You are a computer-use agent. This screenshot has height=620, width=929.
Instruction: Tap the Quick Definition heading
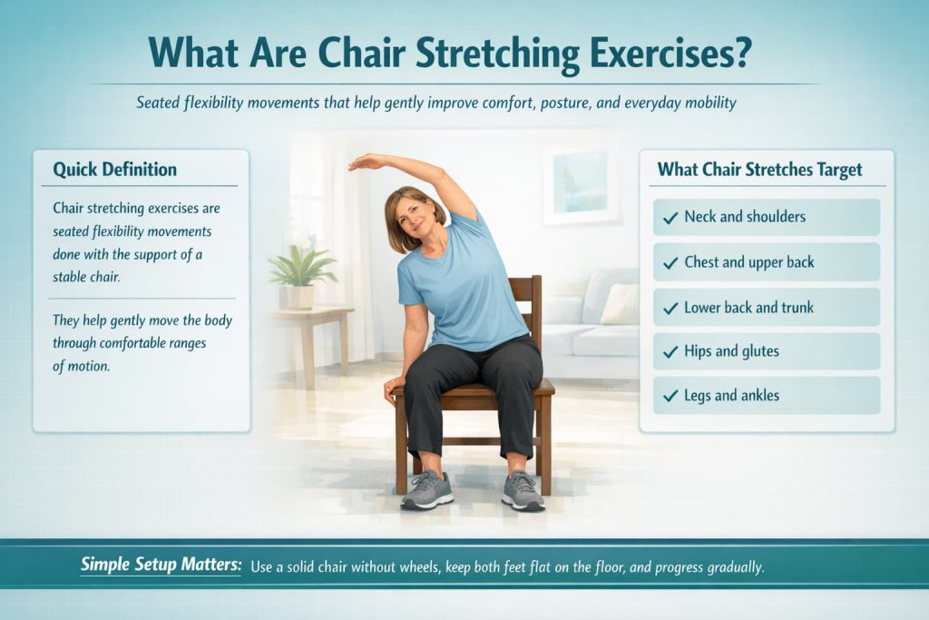point(114,169)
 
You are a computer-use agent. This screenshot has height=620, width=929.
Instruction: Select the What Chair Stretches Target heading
point(759,169)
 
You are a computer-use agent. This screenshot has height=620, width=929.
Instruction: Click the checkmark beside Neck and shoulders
point(670,218)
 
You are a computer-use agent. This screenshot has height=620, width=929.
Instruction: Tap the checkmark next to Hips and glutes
point(670,352)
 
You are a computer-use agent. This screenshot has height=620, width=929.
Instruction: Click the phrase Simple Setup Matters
point(161,565)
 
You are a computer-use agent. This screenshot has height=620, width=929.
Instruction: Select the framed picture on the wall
point(581,182)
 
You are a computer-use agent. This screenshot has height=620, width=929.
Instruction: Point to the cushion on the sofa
point(621,303)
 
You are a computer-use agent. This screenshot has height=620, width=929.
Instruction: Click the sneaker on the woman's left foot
point(523,490)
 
